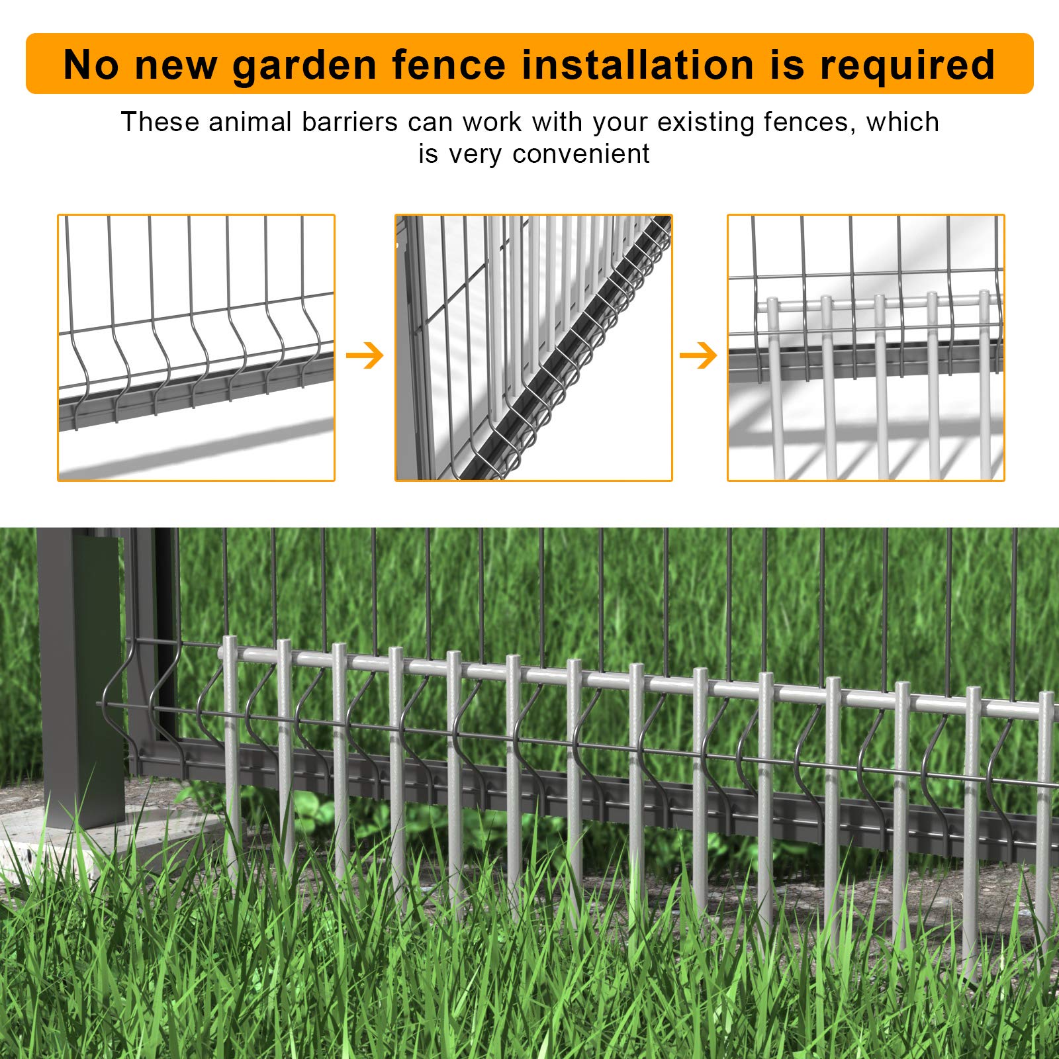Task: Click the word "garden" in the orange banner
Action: click(x=304, y=66)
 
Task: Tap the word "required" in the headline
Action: click(x=907, y=66)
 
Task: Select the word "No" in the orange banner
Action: click(x=91, y=65)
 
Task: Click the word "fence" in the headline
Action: click(x=448, y=65)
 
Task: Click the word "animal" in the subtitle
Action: click(x=250, y=122)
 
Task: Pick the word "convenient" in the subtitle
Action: click(x=580, y=154)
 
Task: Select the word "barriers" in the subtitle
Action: click(x=349, y=122)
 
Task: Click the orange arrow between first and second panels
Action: click(x=365, y=355)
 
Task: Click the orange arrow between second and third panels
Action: click(x=698, y=355)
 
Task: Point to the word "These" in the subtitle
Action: click(x=160, y=122)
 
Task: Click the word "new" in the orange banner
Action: click(x=175, y=66)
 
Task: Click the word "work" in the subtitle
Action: click(x=492, y=122)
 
